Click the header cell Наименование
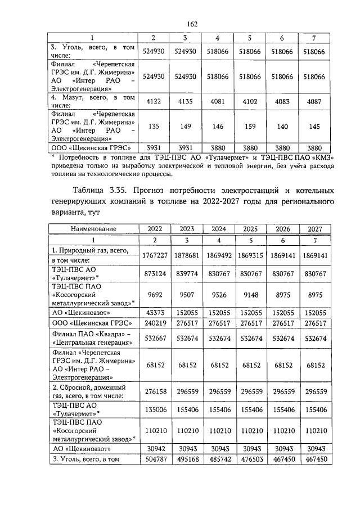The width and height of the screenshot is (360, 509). pos(93,229)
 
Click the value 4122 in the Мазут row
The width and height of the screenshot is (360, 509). pos(153,101)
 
